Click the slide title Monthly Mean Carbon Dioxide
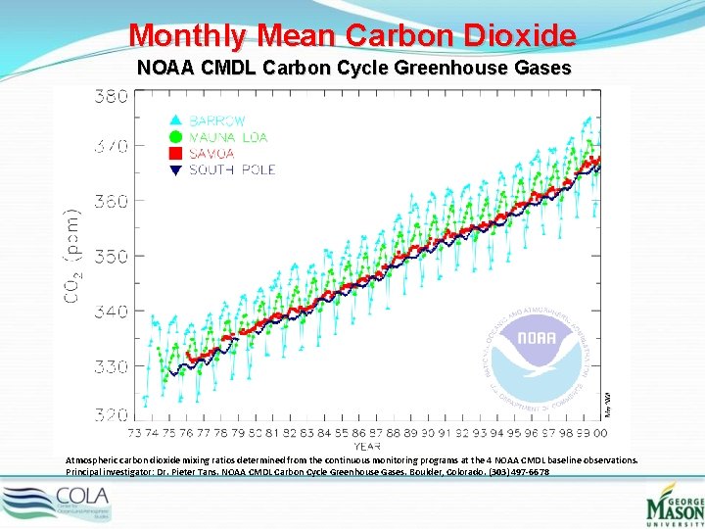pos(352,36)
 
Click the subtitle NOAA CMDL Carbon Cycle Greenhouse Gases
pos(352,69)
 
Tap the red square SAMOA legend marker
pos(176,154)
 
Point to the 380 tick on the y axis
pos(111,96)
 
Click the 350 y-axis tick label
pos(111,256)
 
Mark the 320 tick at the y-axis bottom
pos(111,415)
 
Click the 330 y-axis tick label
pos(111,366)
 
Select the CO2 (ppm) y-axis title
pos(74,256)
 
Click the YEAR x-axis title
pos(367,446)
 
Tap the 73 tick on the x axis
pos(137,432)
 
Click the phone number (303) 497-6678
pos(517,472)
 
